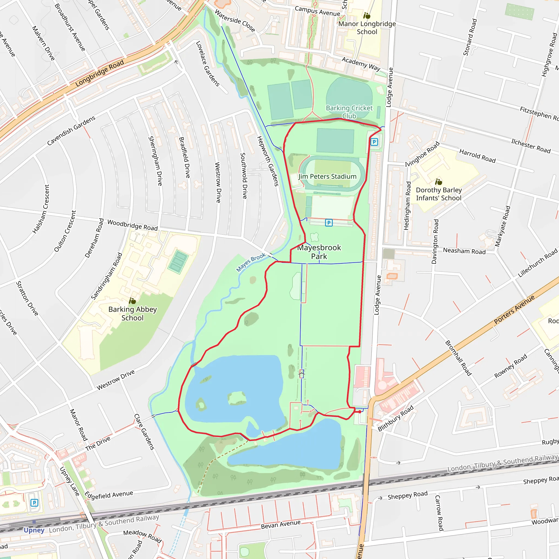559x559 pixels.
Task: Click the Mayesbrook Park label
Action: coord(319,252)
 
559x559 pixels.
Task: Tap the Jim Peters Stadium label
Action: coord(327,177)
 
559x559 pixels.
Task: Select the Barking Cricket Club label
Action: coord(349,112)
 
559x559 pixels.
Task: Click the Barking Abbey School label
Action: coord(132,313)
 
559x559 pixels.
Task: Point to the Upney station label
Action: coord(34,530)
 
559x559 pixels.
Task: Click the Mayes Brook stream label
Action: coord(251,262)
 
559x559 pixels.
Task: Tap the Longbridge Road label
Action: coord(100,73)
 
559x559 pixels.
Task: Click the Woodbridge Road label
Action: coord(132,225)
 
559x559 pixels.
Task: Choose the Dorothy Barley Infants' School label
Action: coord(439,194)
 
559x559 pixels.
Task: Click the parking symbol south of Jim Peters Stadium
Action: coord(329,223)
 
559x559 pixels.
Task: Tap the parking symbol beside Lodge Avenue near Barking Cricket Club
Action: coord(374,142)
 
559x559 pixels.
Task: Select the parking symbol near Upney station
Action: coord(34,503)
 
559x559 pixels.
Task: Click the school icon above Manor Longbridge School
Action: coord(367,16)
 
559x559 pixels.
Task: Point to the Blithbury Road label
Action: coord(396,418)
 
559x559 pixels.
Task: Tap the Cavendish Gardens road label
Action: coord(71,130)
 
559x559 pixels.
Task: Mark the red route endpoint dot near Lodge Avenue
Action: coord(360,412)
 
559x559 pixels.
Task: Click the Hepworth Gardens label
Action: coord(268,161)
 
